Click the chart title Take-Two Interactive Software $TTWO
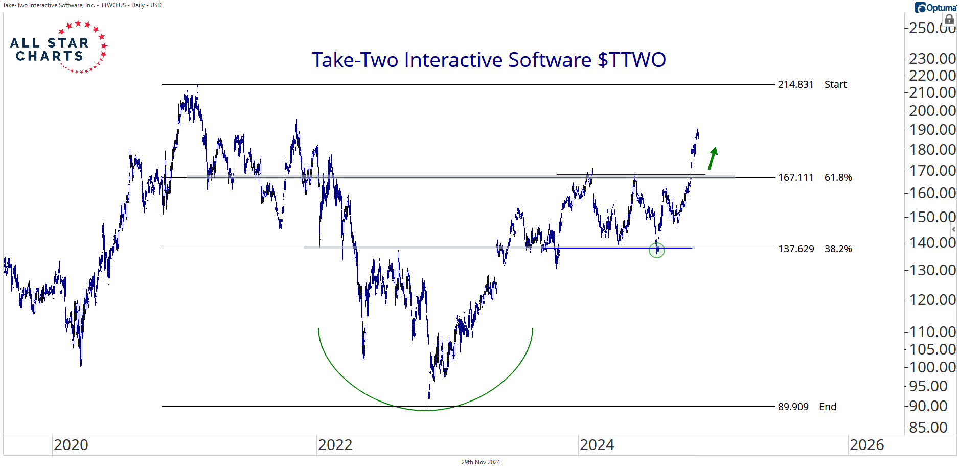click(489, 60)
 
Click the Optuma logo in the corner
click(935, 8)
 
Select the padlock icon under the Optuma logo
click(949, 20)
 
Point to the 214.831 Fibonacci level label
click(795, 84)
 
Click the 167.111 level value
click(795, 177)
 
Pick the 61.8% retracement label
click(838, 177)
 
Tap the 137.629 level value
click(795, 249)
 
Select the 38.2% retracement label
click(838, 249)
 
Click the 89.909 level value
click(793, 407)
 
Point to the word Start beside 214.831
click(835, 84)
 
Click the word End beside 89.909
click(828, 407)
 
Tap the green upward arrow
click(713, 158)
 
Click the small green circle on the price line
click(657, 250)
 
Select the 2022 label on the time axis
click(335, 445)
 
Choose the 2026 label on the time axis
click(866, 445)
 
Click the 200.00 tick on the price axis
click(932, 110)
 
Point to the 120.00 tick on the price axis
click(932, 299)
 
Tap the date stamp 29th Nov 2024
click(481, 462)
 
